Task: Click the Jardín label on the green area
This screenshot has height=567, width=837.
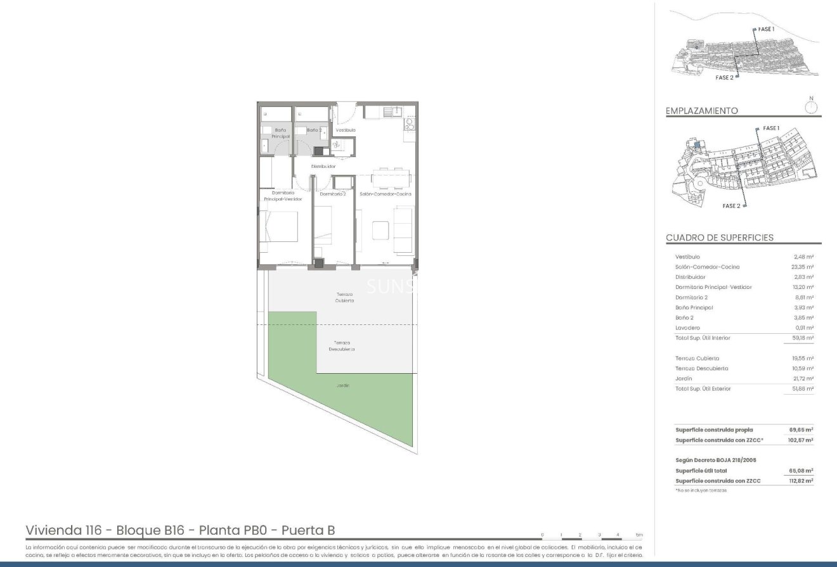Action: coord(343,385)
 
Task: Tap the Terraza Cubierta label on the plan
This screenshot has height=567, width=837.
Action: coord(345,297)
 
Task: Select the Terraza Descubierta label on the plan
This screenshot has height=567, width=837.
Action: coord(342,346)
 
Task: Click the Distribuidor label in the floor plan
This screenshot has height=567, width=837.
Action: coord(323,166)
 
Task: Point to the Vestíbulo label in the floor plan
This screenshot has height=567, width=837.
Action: coord(346,130)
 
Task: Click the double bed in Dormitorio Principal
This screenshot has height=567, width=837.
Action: coord(280,226)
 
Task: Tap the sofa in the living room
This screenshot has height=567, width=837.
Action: coord(403,229)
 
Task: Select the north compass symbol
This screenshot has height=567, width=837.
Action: coord(811,106)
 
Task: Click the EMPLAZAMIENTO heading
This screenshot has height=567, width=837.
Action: coord(701,111)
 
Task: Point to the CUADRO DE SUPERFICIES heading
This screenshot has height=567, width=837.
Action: coord(719,238)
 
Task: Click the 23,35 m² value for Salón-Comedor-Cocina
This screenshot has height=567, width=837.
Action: coord(803,267)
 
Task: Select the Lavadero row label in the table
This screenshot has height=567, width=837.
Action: coord(687,328)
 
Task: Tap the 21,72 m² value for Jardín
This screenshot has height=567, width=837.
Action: coord(803,378)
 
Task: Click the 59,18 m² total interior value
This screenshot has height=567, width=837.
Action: coord(803,338)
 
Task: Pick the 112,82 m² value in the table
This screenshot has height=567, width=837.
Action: coord(801,481)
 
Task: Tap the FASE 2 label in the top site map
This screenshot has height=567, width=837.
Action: coord(724,77)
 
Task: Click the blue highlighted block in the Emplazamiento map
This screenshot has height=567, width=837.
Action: coord(696,145)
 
